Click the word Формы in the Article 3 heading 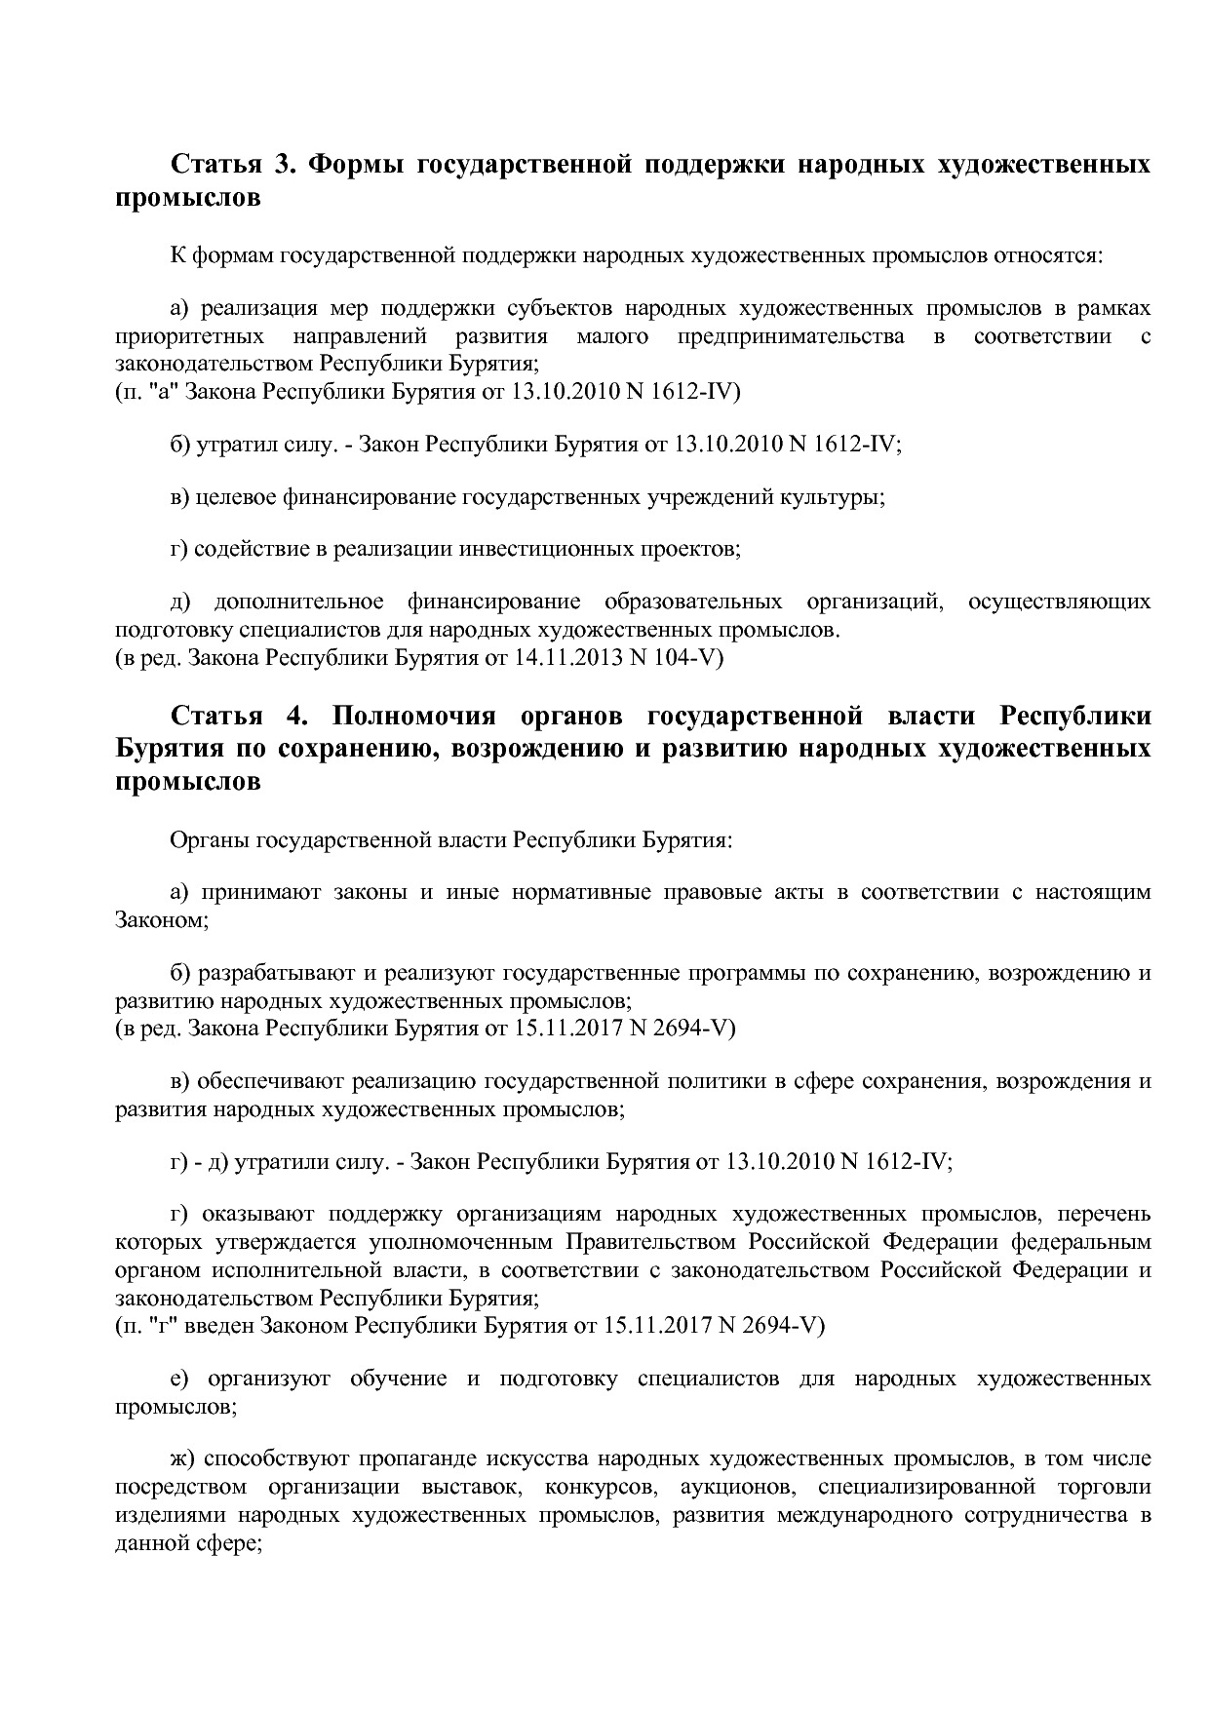[354, 164]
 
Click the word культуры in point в [838, 497]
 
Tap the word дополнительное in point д [298, 602]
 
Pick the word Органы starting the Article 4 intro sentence [210, 839]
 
